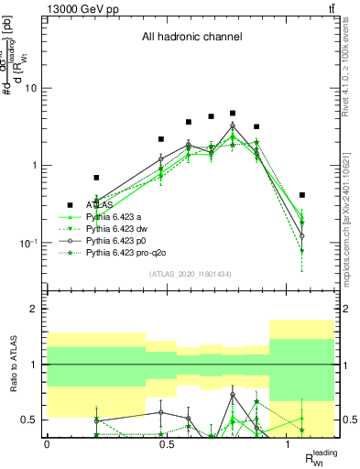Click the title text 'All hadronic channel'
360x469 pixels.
tap(191, 38)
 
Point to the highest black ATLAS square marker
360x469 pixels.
tap(233, 114)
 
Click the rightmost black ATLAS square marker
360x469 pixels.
tap(302, 195)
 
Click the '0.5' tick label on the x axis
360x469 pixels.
tap(167, 444)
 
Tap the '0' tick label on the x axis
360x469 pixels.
tap(47, 444)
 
